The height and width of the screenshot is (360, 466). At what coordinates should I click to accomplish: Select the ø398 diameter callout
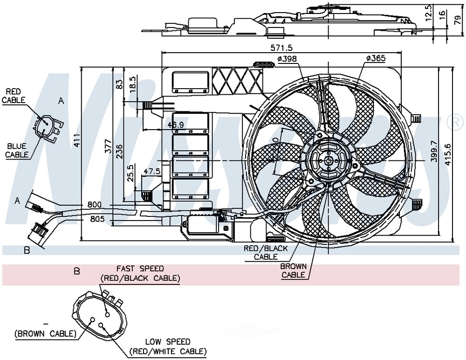click(287, 59)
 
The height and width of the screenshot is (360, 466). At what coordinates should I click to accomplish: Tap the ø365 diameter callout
click(376, 58)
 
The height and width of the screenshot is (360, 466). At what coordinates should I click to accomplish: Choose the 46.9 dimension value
click(176, 125)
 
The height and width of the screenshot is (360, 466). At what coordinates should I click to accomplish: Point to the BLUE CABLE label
click(17, 150)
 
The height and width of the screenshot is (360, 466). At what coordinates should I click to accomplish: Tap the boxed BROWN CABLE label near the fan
click(293, 270)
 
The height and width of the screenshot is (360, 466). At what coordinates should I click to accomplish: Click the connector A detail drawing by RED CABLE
click(47, 126)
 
